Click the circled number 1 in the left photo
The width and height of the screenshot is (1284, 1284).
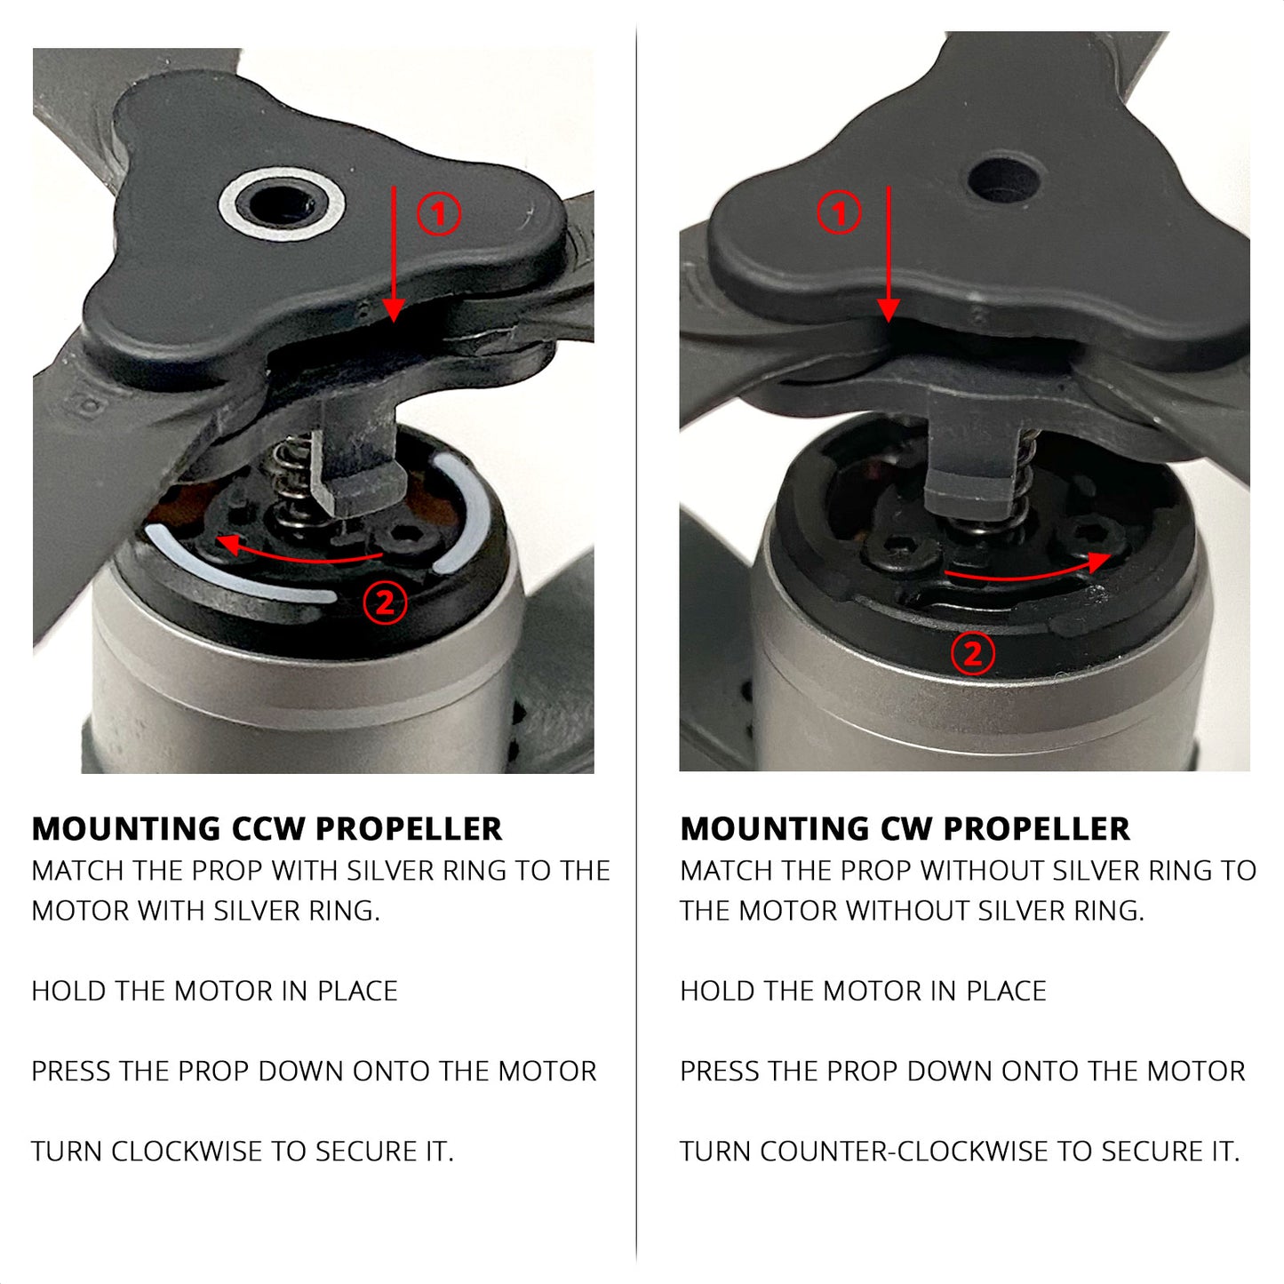point(438,213)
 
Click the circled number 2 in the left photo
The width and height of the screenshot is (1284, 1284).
point(385,603)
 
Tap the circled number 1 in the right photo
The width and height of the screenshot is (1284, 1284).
point(839,212)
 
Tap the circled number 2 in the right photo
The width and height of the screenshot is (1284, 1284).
point(973,654)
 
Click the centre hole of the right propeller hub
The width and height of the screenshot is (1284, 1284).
point(1003,179)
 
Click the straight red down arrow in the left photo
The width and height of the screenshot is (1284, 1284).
point(394,254)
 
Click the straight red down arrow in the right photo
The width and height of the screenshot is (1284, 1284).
point(889,254)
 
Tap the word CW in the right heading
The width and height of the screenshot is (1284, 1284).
point(905,829)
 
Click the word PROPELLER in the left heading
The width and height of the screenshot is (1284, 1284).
point(409,829)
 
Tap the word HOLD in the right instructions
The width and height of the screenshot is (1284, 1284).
point(713,992)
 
